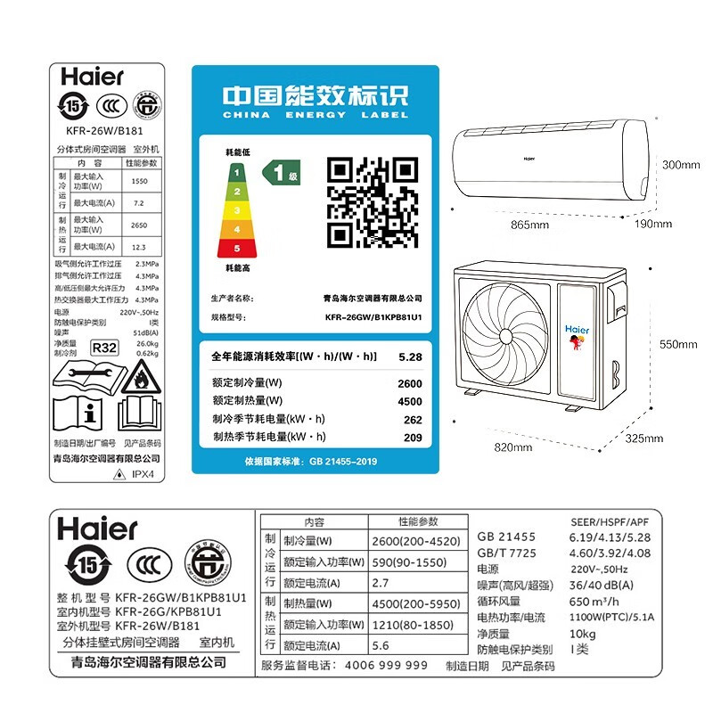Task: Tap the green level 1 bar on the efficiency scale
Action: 237,170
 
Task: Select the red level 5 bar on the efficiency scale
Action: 237,248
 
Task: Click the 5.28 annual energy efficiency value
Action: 410,356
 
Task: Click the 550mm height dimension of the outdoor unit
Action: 679,344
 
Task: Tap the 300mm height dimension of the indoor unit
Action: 680,165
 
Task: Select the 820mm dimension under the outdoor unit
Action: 518,447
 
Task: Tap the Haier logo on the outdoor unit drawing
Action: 578,329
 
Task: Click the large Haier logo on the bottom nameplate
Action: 98,529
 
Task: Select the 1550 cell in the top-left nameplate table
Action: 140,181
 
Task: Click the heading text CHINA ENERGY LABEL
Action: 315,115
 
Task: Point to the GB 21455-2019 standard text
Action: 341,462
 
